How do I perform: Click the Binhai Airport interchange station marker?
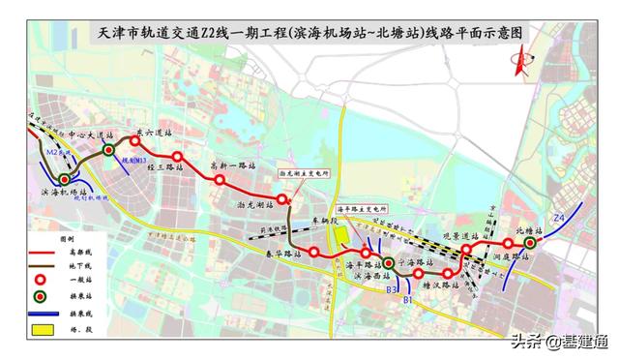pos(65,179)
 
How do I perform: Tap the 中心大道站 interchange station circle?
pos(109,151)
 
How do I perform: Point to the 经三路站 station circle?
pos(177,157)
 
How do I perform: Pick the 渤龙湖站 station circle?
pos(281,200)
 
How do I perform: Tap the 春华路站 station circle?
pos(314,252)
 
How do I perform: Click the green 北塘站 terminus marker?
pos(530,243)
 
